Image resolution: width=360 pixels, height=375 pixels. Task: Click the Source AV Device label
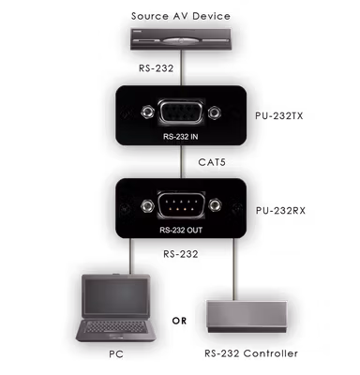coord(181,16)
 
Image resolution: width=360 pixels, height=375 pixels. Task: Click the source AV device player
coord(181,39)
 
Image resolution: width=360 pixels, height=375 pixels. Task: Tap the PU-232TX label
coord(279,116)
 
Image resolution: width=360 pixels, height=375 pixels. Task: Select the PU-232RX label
coord(280,211)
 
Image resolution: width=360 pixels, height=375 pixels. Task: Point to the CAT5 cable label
coord(212,162)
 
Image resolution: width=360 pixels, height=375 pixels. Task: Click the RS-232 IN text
coord(181,137)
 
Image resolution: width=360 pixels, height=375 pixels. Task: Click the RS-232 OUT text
coord(181,231)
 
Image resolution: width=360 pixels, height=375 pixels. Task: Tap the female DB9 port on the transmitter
coord(181,112)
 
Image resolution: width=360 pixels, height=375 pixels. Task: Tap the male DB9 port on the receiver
coord(181,205)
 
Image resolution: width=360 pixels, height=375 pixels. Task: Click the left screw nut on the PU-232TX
coord(147,112)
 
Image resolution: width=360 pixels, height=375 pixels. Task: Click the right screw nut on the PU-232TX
coord(215,112)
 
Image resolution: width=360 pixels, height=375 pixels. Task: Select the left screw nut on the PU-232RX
coord(147,205)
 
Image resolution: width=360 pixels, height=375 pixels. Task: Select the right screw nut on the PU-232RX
coord(215,205)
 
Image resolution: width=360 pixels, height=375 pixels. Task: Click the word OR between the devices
coord(179,321)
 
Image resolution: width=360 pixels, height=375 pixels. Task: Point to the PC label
coord(116,354)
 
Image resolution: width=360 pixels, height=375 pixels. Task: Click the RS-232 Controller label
coord(251,353)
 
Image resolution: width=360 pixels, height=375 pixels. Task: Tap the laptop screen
coord(114,297)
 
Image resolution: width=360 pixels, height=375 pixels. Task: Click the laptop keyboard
coord(114,327)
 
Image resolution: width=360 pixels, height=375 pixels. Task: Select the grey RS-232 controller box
coord(247,317)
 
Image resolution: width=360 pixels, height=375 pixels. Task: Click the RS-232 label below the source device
coord(156,68)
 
